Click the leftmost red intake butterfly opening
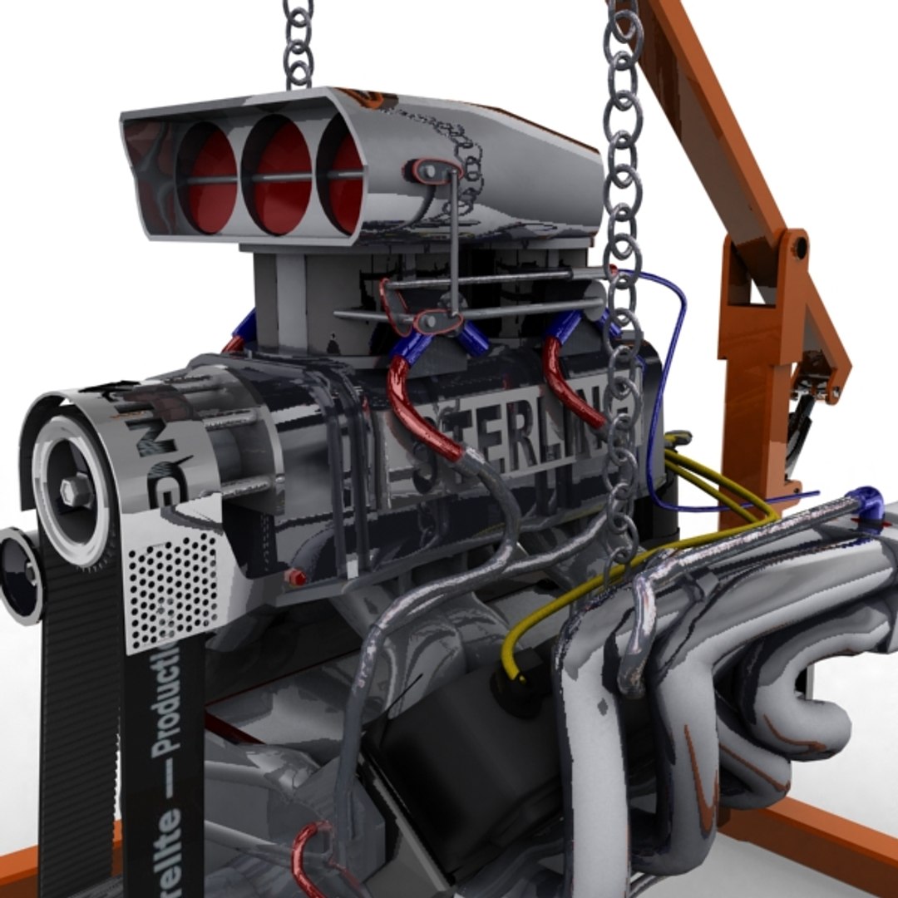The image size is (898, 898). click(x=208, y=179)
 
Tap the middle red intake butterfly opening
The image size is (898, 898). click(x=281, y=176)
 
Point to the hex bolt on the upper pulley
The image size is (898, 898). click(x=76, y=490)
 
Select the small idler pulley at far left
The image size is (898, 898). click(x=20, y=574)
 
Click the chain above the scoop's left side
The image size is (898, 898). click(x=298, y=42)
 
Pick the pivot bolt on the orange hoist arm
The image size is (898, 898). click(x=799, y=247)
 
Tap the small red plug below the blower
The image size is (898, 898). click(x=295, y=577)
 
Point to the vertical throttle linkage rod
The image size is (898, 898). click(x=454, y=241)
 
